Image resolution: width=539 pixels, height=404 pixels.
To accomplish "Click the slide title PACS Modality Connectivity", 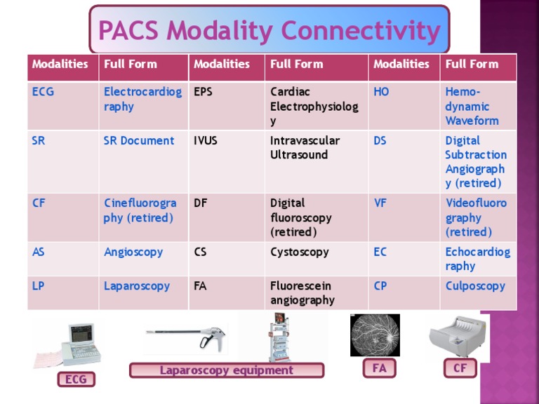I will point(269,31).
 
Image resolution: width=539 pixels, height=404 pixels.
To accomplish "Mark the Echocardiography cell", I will point(477,259).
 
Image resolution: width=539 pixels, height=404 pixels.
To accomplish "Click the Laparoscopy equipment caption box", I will point(227,370).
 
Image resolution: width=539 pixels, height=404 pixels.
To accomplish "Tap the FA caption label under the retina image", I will point(380,368).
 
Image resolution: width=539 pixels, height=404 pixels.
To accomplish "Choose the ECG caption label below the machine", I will point(76,379).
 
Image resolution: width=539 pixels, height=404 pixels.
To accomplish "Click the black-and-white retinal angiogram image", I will point(375,335).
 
